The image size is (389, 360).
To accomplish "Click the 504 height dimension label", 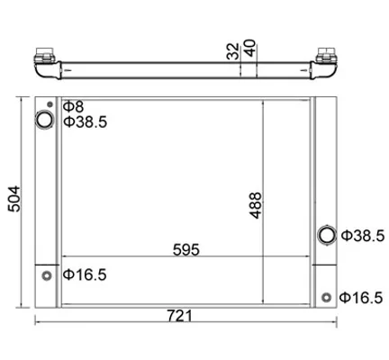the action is pyautogui.click(x=14, y=199).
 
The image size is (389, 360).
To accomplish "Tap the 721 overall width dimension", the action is pyautogui.click(x=179, y=316).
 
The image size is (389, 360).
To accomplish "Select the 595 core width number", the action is pyautogui.click(x=186, y=249).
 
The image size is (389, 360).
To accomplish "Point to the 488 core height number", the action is pyautogui.click(x=256, y=205).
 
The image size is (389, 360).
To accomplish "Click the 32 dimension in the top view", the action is pyautogui.click(x=233, y=51).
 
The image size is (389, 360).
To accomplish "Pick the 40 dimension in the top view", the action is pyautogui.click(x=249, y=48).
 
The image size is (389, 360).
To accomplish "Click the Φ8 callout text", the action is pyautogui.click(x=74, y=106).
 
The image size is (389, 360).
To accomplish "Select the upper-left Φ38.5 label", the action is pyautogui.click(x=86, y=122).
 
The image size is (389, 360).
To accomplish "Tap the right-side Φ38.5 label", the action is pyautogui.click(x=363, y=236).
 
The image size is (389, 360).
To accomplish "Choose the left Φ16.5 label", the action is pyautogui.click(x=85, y=274).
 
